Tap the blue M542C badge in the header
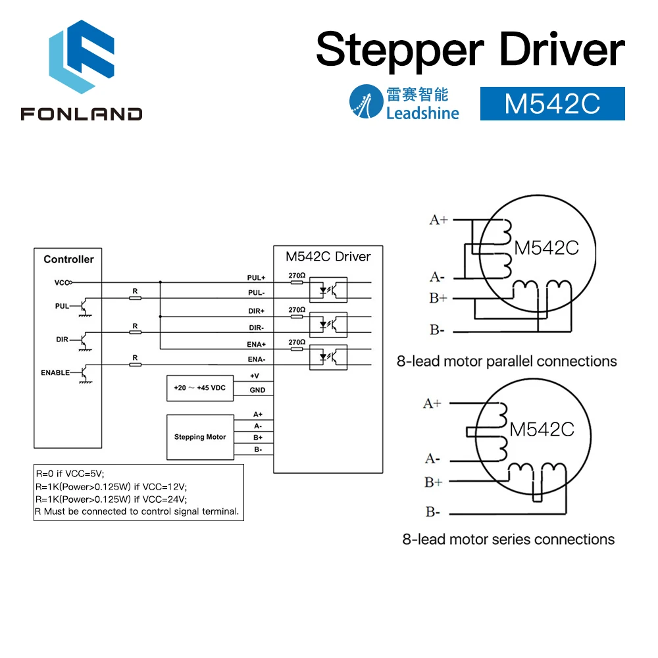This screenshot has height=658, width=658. (552, 104)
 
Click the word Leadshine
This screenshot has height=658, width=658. (422, 113)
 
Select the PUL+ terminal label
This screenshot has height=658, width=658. (257, 278)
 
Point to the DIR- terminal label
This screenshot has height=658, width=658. (257, 327)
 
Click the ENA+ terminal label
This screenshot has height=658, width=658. (257, 344)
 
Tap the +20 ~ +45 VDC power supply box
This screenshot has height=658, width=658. (199, 388)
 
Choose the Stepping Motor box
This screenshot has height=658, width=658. (199, 437)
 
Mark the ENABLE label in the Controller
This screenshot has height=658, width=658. (55, 372)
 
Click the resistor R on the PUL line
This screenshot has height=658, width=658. (135, 297)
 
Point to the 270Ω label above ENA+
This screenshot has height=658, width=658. (297, 342)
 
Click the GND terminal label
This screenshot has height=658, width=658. (257, 390)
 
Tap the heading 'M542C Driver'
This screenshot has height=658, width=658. (328, 256)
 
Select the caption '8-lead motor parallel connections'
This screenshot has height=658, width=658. (507, 361)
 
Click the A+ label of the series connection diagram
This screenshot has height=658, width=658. (432, 403)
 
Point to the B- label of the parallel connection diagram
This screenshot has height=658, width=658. (438, 330)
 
